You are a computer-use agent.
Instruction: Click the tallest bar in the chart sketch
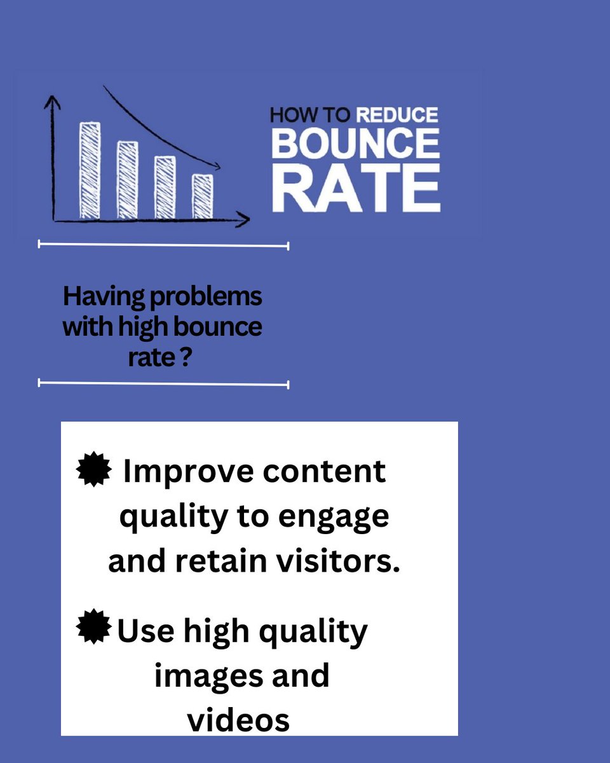point(90,169)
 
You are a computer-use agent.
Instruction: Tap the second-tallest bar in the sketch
point(127,179)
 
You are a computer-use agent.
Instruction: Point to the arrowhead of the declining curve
point(217,167)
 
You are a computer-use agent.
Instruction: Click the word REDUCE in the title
point(397,115)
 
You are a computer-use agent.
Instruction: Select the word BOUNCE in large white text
point(355,143)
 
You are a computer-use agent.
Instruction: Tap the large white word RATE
point(355,189)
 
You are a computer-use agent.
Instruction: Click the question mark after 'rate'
point(187,357)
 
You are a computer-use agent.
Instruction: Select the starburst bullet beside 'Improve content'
point(94,471)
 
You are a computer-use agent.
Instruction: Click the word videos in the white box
point(238,720)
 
